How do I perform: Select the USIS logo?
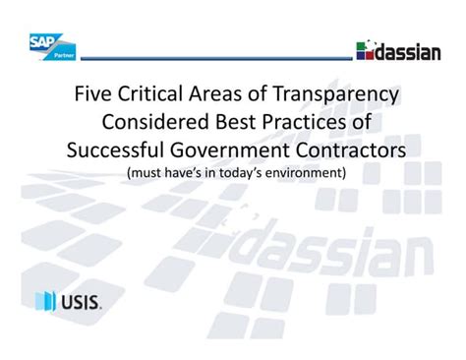point(68,300)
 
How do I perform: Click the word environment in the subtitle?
point(300,173)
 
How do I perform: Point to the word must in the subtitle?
point(145,173)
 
